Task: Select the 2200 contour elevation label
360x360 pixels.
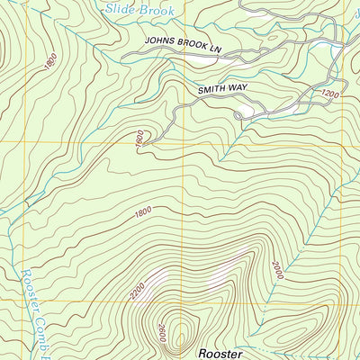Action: click(137, 290)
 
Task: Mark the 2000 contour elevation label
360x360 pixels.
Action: click(275, 267)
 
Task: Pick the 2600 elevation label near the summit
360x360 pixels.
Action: click(163, 336)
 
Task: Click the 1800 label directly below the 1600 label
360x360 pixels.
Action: click(141, 212)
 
